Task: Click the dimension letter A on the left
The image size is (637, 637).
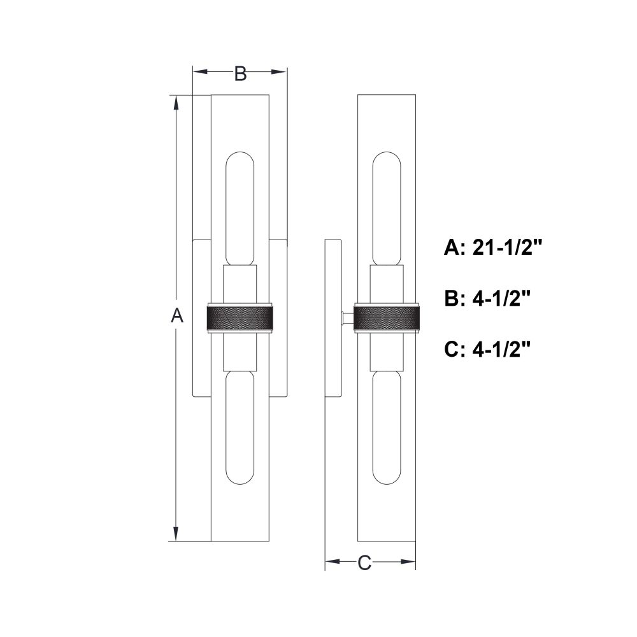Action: tap(176, 315)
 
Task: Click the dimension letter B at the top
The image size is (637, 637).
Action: tap(241, 73)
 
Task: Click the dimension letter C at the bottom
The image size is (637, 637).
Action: tap(364, 563)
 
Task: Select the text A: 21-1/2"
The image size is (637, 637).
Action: tap(493, 247)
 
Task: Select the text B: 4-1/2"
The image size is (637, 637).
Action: tap(487, 298)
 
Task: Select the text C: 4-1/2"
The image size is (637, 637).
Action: tap(487, 349)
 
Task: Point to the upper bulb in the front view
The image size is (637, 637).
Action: tap(240, 209)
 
